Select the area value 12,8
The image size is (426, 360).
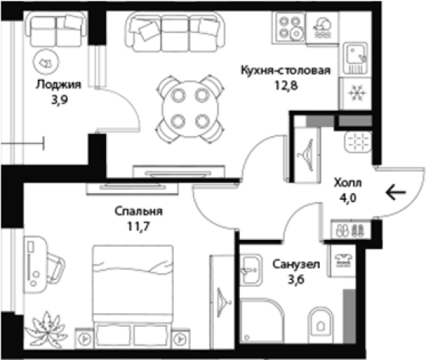(x=286, y=85)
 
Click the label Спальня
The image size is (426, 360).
(x=132, y=211)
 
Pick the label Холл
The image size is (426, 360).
(x=346, y=185)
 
